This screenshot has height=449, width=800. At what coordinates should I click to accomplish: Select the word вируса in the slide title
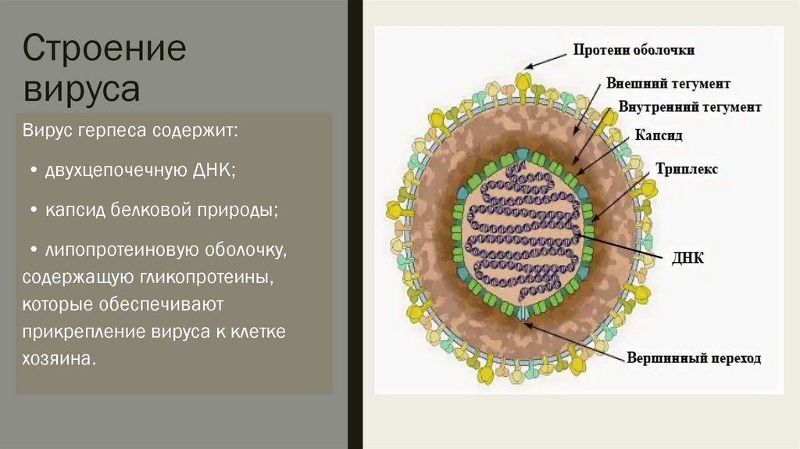click(82, 88)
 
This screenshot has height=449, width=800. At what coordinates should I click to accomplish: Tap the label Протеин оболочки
click(634, 50)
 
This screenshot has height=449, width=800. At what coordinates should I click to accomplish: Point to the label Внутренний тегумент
click(689, 106)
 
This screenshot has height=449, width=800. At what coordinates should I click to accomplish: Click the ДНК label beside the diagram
click(688, 257)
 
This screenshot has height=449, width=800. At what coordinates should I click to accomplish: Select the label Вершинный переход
click(694, 359)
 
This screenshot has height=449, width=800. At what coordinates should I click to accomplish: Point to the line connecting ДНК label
click(626, 246)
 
